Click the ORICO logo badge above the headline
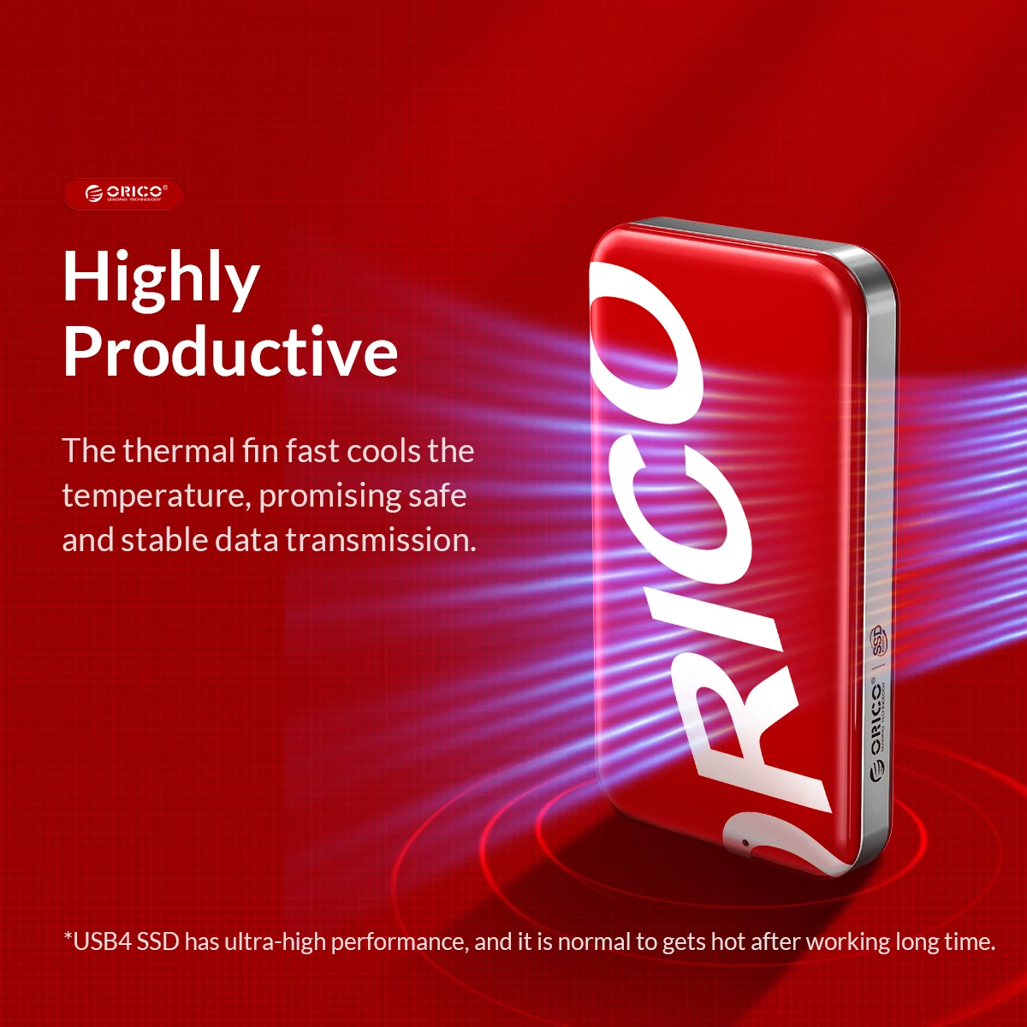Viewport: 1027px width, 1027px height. (x=124, y=194)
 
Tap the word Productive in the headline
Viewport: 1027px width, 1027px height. (x=230, y=352)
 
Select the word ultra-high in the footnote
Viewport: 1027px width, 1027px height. (x=276, y=942)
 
